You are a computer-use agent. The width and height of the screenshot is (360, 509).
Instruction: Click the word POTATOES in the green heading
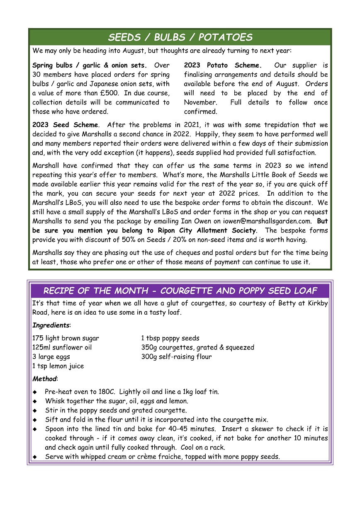point(226,37)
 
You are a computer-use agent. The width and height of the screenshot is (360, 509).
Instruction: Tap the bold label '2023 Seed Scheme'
point(66,125)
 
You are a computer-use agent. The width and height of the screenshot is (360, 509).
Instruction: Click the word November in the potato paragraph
point(200,102)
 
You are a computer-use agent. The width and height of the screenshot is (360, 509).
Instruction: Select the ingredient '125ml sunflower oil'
point(62,347)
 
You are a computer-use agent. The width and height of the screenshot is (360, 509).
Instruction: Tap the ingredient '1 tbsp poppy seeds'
point(170,338)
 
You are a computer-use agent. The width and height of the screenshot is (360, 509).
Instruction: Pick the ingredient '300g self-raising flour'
point(176,356)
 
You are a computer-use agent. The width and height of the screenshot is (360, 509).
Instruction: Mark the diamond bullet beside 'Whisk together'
point(35,401)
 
